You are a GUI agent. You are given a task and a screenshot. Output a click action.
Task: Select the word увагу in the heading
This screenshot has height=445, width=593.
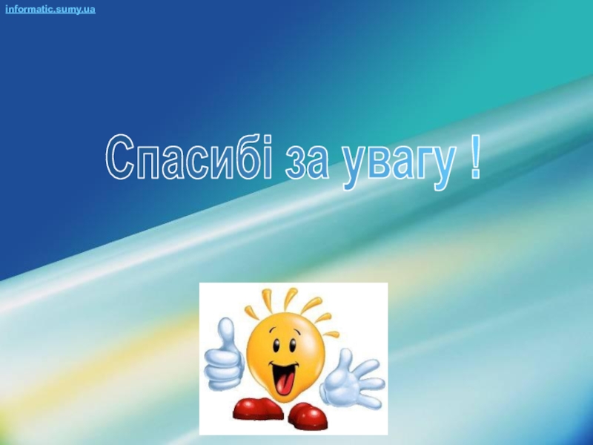click(398, 165)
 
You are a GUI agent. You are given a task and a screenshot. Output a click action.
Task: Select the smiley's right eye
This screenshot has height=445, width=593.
click(292, 346)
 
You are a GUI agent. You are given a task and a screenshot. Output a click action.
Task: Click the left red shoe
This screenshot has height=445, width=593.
click(257, 407)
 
